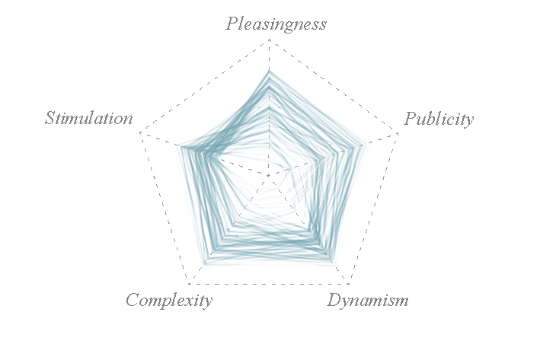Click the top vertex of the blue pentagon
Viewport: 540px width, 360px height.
(269, 70)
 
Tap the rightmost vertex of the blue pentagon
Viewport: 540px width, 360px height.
(370, 142)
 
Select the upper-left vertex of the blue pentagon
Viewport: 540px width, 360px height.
(174, 144)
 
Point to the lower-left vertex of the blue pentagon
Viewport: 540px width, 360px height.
(207, 266)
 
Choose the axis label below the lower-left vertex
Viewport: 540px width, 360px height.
(160, 298)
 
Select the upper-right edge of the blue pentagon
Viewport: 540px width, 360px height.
(320, 106)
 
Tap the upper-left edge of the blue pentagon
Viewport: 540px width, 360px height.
(221, 107)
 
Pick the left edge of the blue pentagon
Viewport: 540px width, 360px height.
(190, 205)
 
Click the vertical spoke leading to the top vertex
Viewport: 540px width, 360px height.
(270, 122)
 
